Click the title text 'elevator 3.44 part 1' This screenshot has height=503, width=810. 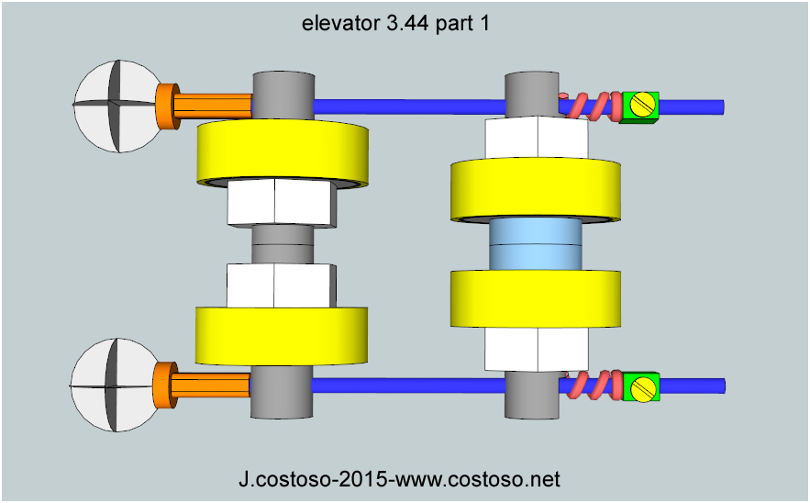(x=395, y=25)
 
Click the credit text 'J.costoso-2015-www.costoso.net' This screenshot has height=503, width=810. (x=399, y=478)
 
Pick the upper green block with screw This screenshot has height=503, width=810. (x=641, y=106)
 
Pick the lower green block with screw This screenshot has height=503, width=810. (x=641, y=387)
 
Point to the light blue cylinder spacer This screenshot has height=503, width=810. (x=535, y=244)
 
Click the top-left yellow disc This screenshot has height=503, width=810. (x=283, y=153)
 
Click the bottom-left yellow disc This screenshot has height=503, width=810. (x=282, y=336)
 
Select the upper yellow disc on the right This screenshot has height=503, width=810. (x=535, y=189)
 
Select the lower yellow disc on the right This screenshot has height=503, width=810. (x=535, y=299)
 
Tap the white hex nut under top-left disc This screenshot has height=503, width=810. (x=280, y=203)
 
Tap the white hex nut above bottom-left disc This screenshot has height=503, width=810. (x=280, y=285)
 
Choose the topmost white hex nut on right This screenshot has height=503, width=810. (x=536, y=139)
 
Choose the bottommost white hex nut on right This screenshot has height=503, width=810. (x=536, y=350)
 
